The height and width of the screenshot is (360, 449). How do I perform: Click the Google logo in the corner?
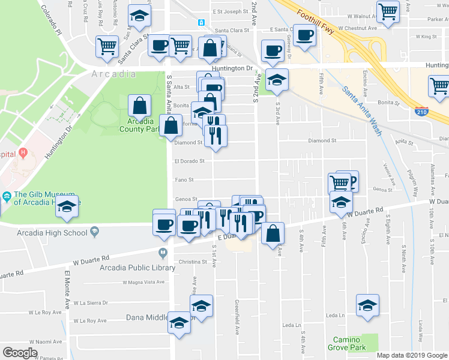(x=20, y=353)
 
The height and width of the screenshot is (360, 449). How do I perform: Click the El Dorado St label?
(x=189, y=161)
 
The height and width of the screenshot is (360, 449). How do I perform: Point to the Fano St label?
(x=184, y=179)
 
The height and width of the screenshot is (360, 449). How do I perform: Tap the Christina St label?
(x=192, y=262)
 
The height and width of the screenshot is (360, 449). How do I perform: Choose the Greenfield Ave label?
(x=238, y=321)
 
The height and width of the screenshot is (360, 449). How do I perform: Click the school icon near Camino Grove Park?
(x=367, y=305)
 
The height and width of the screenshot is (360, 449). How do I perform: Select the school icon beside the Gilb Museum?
(x=67, y=207)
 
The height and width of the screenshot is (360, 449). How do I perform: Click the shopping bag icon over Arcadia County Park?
(x=139, y=106)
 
